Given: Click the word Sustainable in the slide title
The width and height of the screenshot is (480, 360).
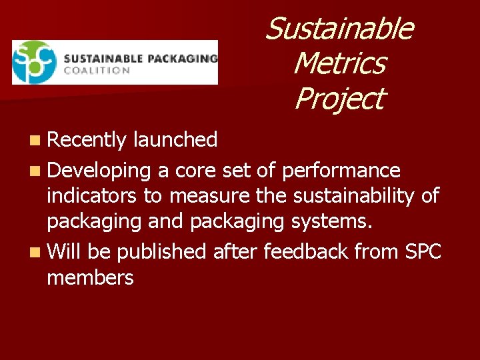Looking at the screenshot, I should [x=339, y=29].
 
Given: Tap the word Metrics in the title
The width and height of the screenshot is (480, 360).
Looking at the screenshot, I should [x=339, y=64].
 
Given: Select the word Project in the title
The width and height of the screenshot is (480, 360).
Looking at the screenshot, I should [x=339, y=99].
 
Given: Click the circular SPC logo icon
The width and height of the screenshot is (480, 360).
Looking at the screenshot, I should [x=34, y=62].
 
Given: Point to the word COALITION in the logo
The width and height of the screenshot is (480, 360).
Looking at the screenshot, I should [x=97, y=70].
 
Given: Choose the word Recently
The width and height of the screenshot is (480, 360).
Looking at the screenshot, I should [x=87, y=140].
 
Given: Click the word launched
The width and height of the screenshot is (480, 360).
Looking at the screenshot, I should [x=175, y=140].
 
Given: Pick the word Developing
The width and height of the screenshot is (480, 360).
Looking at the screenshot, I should [x=99, y=171].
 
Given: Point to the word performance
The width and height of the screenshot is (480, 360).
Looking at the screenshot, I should [x=341, y=171].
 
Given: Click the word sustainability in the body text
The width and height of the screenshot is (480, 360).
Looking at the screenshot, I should [x=359, y=196].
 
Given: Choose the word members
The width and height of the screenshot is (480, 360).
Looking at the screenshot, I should [x=91, y=277].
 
